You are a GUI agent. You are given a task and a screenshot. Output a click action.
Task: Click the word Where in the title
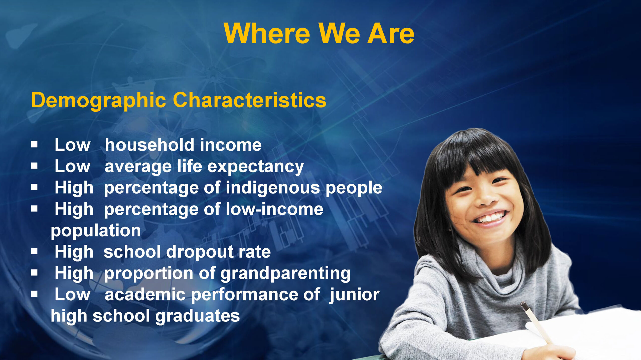267,33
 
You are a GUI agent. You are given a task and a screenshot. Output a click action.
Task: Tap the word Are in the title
390,33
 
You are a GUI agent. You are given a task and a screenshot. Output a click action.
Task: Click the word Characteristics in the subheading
249,100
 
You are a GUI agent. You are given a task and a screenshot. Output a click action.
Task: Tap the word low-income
274,209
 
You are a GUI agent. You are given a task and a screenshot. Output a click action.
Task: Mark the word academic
145,294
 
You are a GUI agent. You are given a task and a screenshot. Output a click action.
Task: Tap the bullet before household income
34,144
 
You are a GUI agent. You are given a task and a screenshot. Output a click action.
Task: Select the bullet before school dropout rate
34,251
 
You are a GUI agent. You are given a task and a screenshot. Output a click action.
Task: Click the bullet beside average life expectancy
34,166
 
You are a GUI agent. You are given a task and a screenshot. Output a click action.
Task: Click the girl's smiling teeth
491,217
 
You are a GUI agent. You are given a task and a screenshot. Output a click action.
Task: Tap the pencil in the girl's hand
536,322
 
